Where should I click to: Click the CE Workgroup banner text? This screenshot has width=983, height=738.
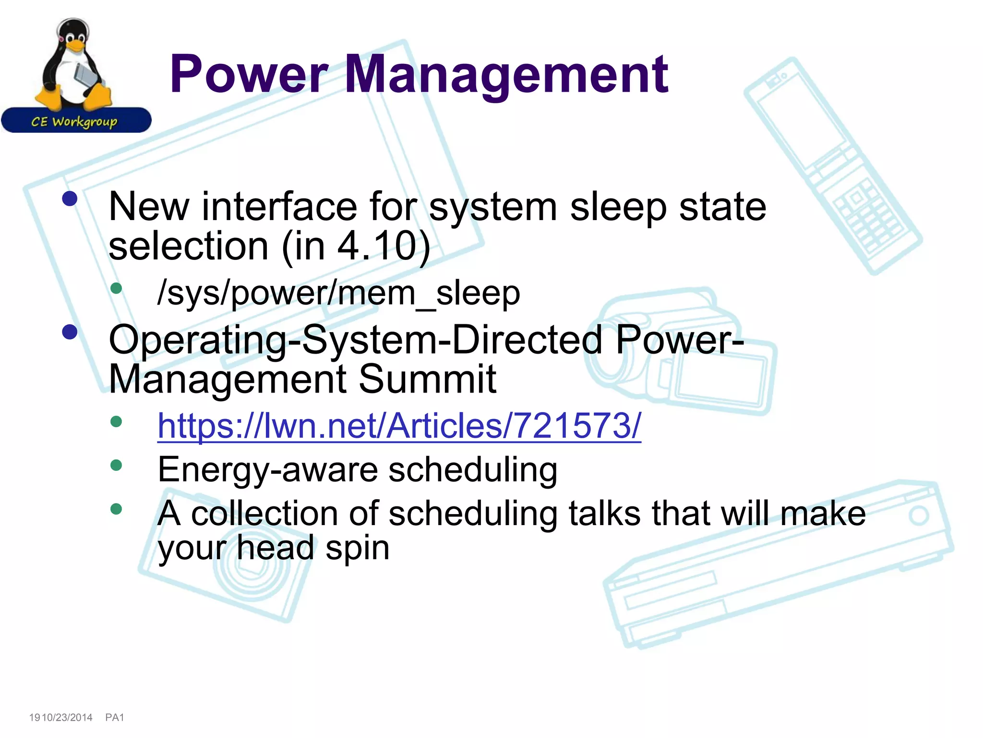[74, 122]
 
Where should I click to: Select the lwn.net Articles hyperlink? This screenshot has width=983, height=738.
[399, 426]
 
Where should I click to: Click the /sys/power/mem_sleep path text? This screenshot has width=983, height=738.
[338, 293]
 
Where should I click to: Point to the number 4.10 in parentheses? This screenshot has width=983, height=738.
[376, 246]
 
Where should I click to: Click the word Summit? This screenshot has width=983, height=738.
[427, 380]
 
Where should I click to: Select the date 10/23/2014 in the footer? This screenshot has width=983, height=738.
[67, 717]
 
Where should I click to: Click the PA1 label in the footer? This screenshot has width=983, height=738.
[115, 717]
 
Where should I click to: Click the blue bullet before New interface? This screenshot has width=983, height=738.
[70, 199]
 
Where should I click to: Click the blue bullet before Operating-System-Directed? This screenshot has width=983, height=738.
[70, 332]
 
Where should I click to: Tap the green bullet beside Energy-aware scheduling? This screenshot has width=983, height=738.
[116, 465]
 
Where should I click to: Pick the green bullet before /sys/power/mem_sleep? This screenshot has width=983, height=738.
[116, 288]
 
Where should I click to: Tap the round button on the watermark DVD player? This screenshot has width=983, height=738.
[919, 516]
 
